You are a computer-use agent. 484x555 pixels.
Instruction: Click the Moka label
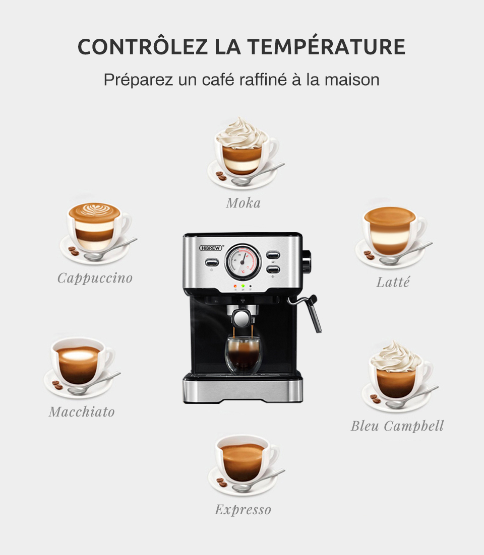[x=243, y=203]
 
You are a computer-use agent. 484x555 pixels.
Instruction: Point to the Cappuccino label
[x=95, y=278]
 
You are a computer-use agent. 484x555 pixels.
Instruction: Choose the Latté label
[x=393, y=283]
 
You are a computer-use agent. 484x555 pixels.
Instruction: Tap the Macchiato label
[x=82, y=412]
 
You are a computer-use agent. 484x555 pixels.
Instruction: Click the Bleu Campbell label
[x=397, y=426]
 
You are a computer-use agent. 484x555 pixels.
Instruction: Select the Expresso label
[x=243, y=510]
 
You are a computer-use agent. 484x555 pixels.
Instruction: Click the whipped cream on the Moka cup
[x=241, y=131]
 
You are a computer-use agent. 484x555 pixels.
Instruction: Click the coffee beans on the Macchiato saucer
[x=57, y=385]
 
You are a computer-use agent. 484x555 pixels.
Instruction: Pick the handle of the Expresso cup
[x=272, y=455]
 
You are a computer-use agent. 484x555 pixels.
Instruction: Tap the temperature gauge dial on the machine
[x=243, y=261]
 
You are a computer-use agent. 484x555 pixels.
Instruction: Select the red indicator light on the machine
[x=235, y=286]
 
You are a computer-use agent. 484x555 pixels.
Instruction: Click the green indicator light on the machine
[x=243, y=286]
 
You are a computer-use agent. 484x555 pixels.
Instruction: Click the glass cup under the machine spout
[x=243, y=354]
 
